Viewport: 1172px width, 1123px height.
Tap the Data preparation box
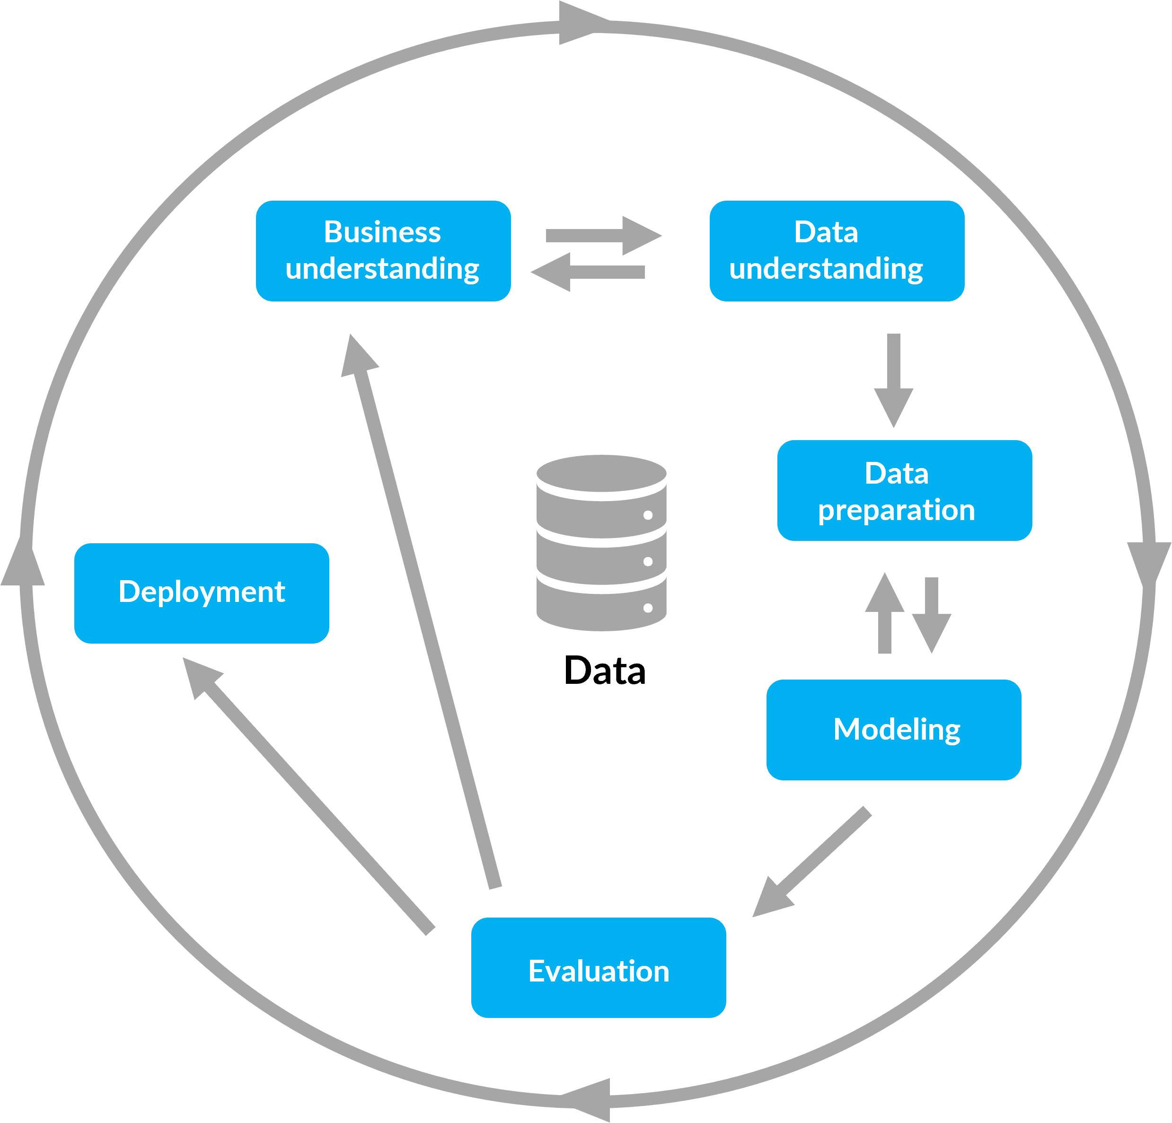(904, 490)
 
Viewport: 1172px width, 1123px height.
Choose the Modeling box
(893, 730)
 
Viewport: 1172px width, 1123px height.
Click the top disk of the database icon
(601, 474)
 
